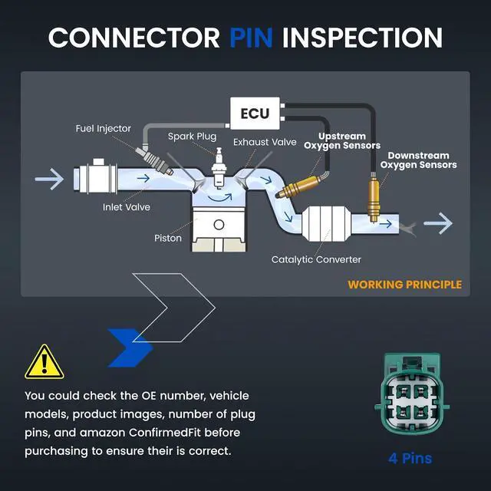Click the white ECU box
pos(255,114)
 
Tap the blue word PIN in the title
pos(251,38)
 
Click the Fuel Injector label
pos(103,129)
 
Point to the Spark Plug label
pos(192,137)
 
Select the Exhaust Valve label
pos(265,142)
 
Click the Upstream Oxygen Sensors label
pos(342,141)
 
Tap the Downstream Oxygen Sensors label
pos(418,160)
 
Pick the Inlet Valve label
pos(126,207)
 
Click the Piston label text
pos(168,238)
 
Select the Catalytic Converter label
pos(316,259)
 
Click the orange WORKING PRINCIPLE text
pos(404,285)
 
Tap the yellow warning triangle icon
pos(44,362)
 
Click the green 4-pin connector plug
pos(411,394)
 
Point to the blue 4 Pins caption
pos(410,459)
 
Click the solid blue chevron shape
pos(130,348)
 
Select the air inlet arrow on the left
pos(49,179)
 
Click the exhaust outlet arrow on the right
pos(438,223)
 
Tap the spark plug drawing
pos(219,169)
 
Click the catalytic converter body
pos(326,223)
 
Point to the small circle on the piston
pos(219,225)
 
